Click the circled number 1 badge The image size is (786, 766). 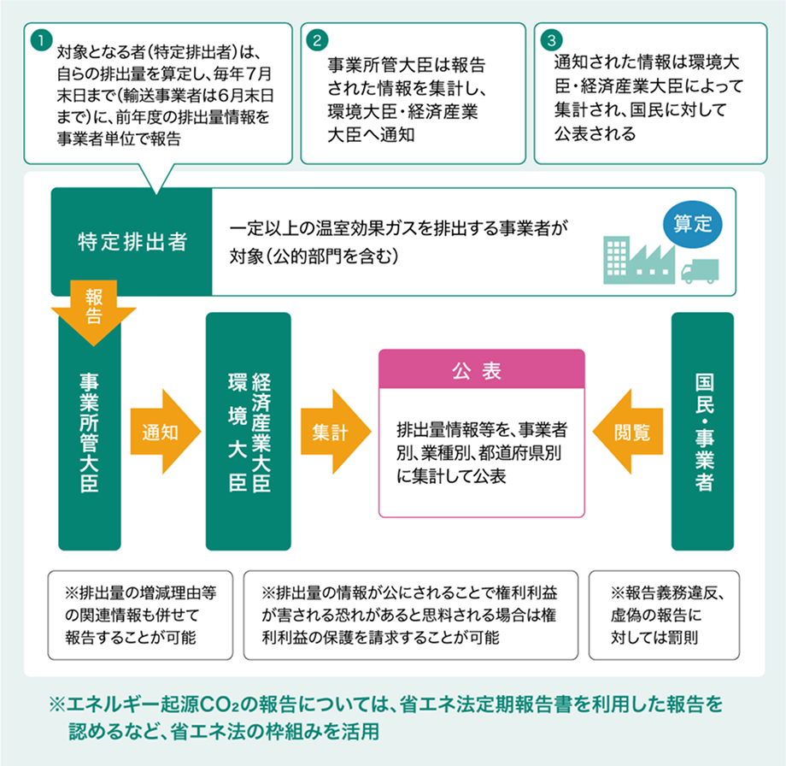[42, 39]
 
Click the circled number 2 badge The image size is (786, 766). [317, 40]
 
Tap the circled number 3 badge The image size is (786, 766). [551, 40]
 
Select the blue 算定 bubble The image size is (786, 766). [693, 224]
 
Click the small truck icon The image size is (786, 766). [700, 271]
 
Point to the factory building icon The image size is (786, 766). [639, 260]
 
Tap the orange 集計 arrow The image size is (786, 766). [336, 432]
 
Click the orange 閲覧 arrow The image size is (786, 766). [628, 432]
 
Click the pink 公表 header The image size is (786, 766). [482, 369]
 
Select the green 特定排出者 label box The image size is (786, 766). [132, 241]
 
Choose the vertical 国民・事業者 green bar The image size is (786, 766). [703, 432]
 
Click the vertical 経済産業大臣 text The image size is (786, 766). [261, 433]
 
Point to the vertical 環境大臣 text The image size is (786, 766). [238, 433]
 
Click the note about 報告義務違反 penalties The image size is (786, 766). [664, 615]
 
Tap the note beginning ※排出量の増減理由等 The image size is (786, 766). [140, 615]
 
